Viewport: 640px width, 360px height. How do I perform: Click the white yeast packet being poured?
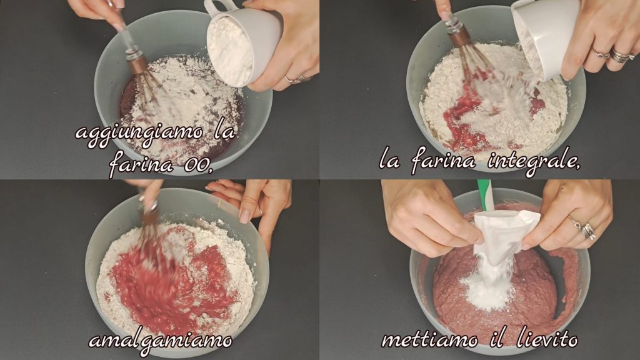click(x=504, y=236)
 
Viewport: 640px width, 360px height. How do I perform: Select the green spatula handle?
click(x=485, y=194)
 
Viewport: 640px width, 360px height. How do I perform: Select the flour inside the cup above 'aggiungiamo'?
click(x=230, y=51)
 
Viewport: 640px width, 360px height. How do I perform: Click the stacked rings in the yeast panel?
click(x=586, y=231)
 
